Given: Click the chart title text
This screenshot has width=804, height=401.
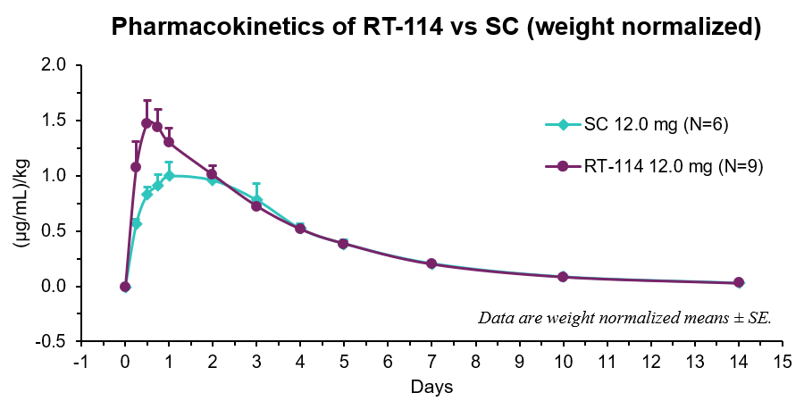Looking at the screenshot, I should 435,29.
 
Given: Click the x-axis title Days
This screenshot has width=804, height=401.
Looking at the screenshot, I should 431,387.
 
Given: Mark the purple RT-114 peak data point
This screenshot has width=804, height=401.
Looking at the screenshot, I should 147,123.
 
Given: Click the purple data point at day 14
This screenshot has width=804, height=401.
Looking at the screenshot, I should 739,282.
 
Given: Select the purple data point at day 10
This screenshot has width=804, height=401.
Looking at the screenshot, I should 563,277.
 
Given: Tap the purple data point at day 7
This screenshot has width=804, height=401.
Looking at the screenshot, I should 431,263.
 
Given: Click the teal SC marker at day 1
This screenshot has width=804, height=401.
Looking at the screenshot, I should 169,176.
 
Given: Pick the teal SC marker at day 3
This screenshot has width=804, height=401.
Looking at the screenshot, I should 256,200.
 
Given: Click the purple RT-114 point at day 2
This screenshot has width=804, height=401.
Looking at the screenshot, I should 212,174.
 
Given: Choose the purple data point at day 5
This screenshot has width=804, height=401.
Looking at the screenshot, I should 344,243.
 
